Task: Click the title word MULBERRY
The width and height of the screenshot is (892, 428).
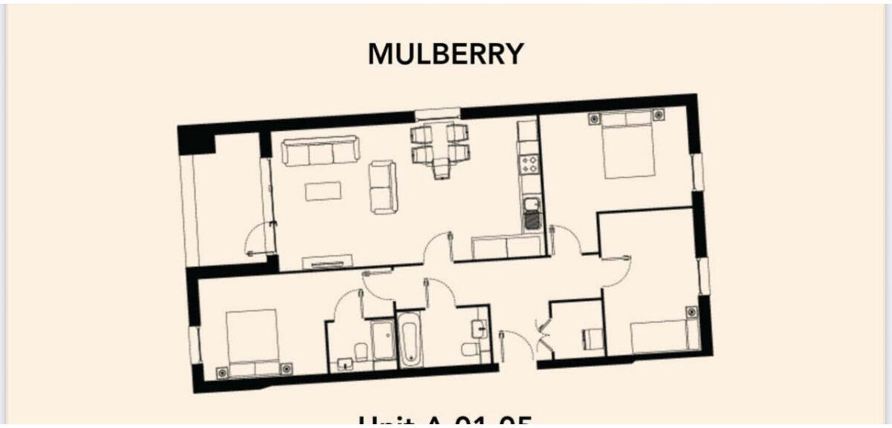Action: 445,54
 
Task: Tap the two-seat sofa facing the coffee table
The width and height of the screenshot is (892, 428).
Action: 384,187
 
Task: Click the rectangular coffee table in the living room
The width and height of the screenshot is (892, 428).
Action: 323,191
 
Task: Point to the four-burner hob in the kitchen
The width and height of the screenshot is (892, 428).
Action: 530,164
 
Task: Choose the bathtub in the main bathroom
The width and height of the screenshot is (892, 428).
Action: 410,339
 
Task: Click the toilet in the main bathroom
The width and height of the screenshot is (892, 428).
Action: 471,348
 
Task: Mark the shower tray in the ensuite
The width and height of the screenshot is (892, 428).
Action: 384,340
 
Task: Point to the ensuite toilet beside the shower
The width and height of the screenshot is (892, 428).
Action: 361,350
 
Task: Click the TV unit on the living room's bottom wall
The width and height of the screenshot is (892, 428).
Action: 327,261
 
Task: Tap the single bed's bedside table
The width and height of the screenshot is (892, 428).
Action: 691,312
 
